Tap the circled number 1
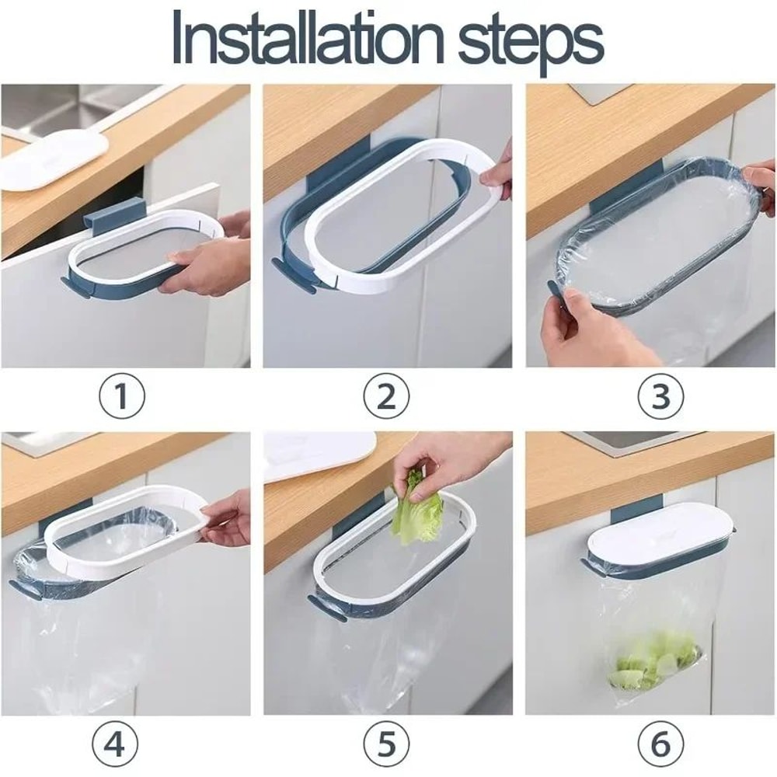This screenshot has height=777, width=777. (121, 398)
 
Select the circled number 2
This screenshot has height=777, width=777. (386, 398)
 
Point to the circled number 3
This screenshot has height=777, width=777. (660, 398)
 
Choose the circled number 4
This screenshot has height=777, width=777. (114, 744)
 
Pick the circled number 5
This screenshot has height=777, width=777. (386, 744)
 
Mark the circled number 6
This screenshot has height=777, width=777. (660, 744)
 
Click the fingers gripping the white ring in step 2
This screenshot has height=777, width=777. (497, 171)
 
